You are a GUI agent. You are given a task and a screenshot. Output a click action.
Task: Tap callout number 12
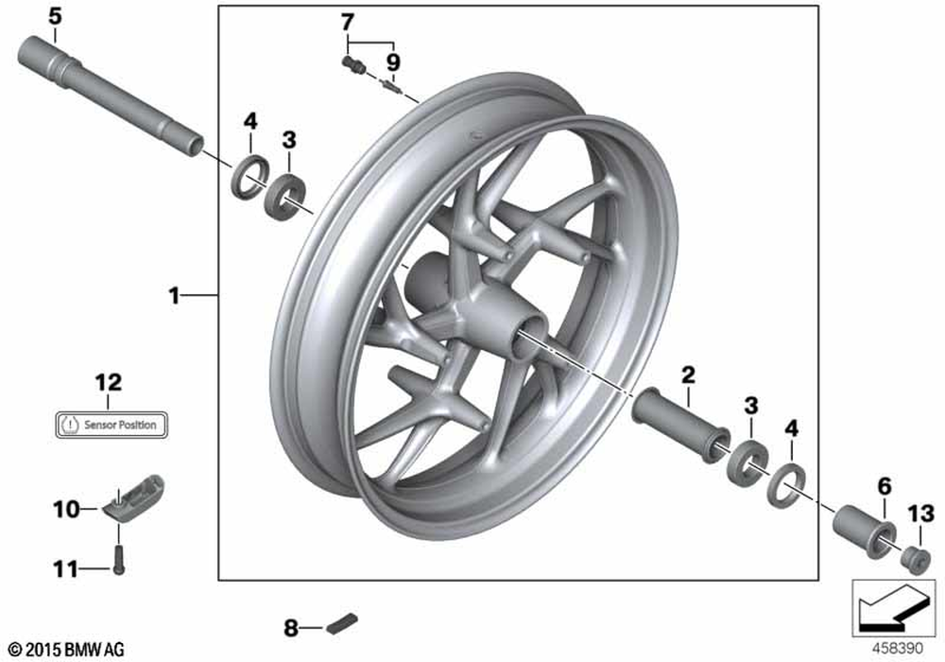[x=109, y=383]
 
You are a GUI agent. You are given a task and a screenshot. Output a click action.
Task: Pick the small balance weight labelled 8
[x=339, y=625]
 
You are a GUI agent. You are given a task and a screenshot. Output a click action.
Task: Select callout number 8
[x=291, y=626]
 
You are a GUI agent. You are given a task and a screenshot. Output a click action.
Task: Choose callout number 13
[x=920, y=514]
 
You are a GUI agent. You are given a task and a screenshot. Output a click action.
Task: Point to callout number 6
[x=885, y=486]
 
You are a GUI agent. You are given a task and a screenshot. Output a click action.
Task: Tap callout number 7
[x=348, y=20]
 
